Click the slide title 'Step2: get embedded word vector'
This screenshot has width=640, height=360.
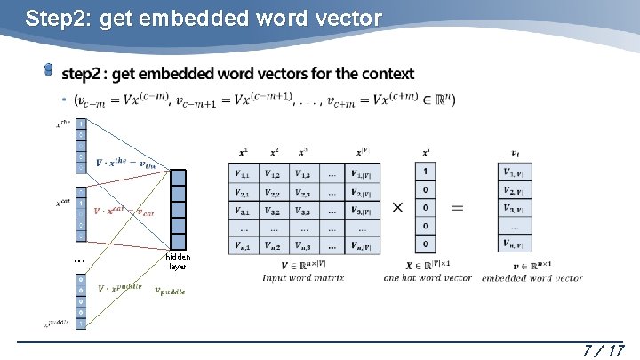204,18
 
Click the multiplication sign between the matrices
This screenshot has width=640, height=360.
396,206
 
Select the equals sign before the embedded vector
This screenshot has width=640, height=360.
456,206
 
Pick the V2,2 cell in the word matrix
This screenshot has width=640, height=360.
275,192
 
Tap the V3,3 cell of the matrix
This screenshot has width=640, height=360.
303,211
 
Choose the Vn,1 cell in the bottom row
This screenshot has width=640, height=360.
244,244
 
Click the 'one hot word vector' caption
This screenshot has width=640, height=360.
428,278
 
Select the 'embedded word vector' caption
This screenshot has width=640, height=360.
532,278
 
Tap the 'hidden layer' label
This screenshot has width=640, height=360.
178,260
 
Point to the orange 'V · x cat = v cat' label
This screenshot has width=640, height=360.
130,211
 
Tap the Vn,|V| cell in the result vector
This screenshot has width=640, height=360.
516,244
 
